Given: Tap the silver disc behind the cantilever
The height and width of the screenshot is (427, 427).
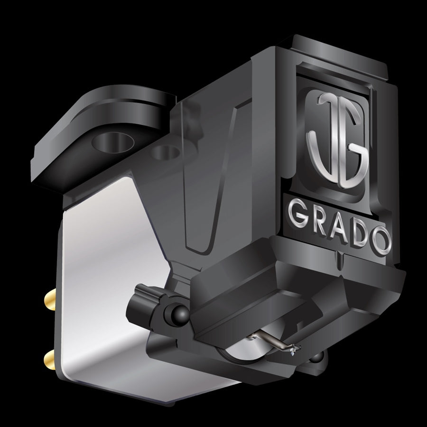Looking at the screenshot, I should click(242, 352).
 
